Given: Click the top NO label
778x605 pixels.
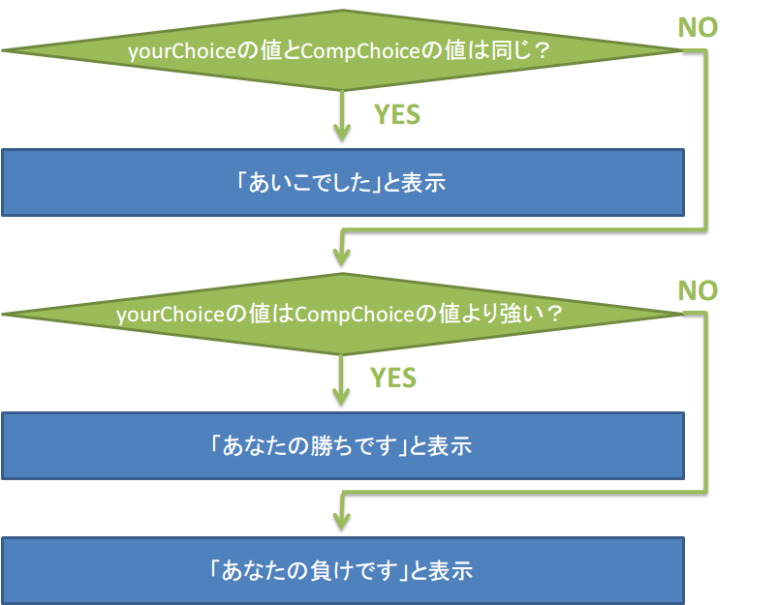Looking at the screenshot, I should [698, 27].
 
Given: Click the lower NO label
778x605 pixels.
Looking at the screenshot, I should [698, 290].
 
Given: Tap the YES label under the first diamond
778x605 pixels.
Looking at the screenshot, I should [397, 114].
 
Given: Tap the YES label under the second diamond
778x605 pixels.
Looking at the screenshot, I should [394, 378].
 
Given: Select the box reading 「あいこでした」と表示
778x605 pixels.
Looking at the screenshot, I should [342, 182].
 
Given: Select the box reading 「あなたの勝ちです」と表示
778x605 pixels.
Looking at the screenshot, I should [342, 446].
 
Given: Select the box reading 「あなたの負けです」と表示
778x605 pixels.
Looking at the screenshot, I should [342, 569].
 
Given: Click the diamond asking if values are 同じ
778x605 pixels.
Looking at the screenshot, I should [342, 50].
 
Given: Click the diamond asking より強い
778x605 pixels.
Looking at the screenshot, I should [342, 315].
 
